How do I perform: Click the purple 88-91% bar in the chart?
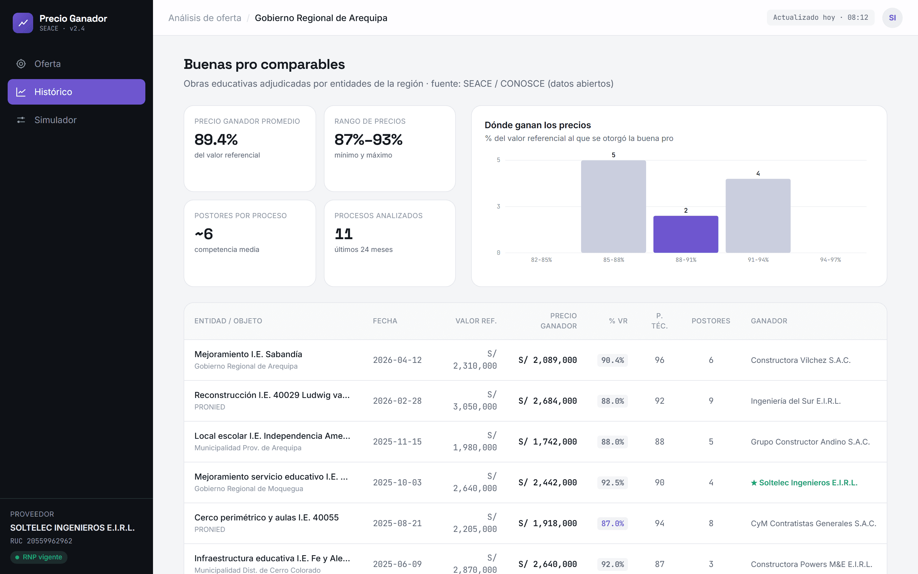coord(685,234)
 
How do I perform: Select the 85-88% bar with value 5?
coord(613,207)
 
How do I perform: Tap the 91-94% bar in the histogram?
coord(758,216)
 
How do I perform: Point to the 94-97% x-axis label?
coord(830,260)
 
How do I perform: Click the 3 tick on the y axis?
coord(499,206)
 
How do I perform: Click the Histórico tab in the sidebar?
coord(76,92)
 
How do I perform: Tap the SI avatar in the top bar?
coord(892,18)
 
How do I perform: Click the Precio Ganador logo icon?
coord(23,23)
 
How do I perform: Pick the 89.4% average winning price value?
coord(216,140)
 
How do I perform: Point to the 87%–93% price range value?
coord(368,140)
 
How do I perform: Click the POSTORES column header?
coord(710,321)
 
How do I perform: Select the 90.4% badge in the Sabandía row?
coord(612,360)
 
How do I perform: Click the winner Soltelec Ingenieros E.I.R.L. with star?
coord(804,482)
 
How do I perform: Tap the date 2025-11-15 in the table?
coord(397,442)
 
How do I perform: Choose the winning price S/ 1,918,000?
coord(547,523)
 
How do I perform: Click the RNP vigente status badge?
coord(39,557)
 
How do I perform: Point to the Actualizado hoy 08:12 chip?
coord(820,18)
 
